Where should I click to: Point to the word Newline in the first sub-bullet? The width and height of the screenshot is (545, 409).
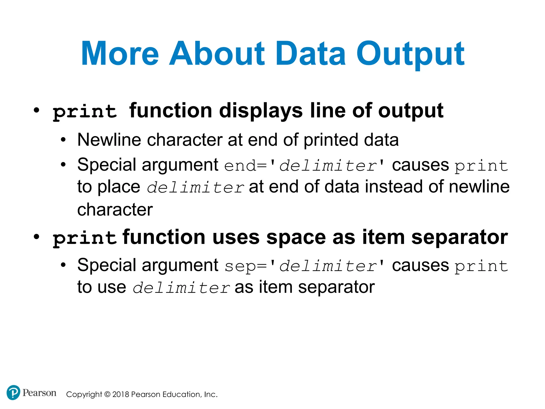(x=109, y=140)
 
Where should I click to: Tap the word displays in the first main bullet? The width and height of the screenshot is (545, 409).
(x=261, y=111)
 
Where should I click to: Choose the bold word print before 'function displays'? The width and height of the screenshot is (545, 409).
(x=85, y=111)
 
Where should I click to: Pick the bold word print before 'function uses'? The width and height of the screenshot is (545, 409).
(x=85, y=238)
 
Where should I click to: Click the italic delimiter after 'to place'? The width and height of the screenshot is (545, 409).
(x=195, y=187)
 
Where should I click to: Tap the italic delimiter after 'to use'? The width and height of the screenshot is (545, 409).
(x=181, y=288)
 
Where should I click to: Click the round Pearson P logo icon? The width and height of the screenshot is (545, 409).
(x=13, y=392)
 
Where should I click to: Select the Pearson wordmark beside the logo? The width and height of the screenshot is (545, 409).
(x=39, y=393)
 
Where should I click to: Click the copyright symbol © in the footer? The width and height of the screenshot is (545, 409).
(x=107, y=394)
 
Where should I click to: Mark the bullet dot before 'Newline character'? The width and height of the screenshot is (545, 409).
(x=63, y=140)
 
